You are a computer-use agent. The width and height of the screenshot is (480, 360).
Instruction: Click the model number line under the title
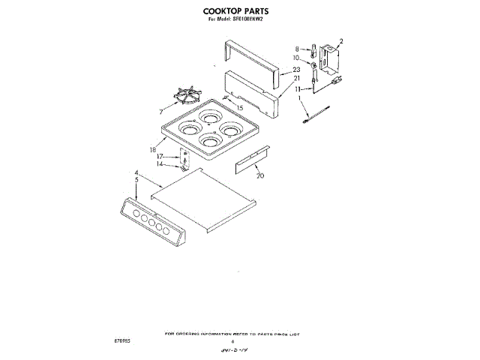[x=237, y=20]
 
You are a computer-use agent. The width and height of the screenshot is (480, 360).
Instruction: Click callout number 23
[x=296, y=69]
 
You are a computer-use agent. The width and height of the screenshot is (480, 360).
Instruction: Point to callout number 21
[x=296, y=78]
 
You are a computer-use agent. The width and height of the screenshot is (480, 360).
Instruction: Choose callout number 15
[x=240, y=108]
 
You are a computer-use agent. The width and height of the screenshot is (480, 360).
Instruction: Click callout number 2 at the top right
[x=340, y=41]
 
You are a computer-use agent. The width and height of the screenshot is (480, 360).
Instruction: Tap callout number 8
[x=297, y=47]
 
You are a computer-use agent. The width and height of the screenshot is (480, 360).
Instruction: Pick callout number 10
[x=296, y=57]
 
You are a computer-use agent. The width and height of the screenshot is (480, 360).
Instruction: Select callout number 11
[x=297, y=88]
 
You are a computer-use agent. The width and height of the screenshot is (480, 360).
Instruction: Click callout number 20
[x=260, y=176]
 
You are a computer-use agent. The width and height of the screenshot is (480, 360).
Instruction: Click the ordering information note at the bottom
[x=237, y=332]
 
